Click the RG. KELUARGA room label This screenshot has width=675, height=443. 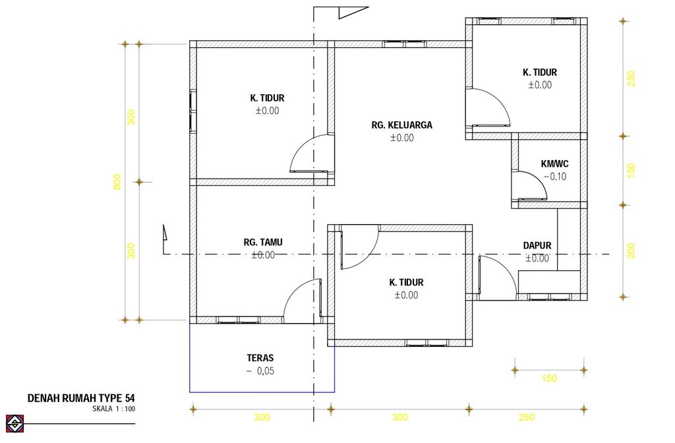click(401, 125)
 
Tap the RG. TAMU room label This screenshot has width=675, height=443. click(263, 243)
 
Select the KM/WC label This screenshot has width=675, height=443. click(554, 164)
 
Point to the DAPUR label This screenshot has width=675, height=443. click(537, 245)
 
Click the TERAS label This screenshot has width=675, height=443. click(260, 358)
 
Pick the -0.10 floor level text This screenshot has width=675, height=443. click(555, 177)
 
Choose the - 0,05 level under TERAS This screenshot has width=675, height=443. click(260, 370)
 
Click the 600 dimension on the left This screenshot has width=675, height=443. click(117, 182)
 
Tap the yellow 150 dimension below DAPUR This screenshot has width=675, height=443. click(549, 378)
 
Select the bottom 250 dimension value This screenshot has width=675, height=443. click(527, 417)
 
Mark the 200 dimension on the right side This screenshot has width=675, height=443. click(631, 251)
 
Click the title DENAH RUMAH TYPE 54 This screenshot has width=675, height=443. click(81, 398)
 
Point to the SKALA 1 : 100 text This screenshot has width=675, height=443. click(113, 409)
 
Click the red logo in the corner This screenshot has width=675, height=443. click(15, 423)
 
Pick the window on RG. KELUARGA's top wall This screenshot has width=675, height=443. click(404, 44)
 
